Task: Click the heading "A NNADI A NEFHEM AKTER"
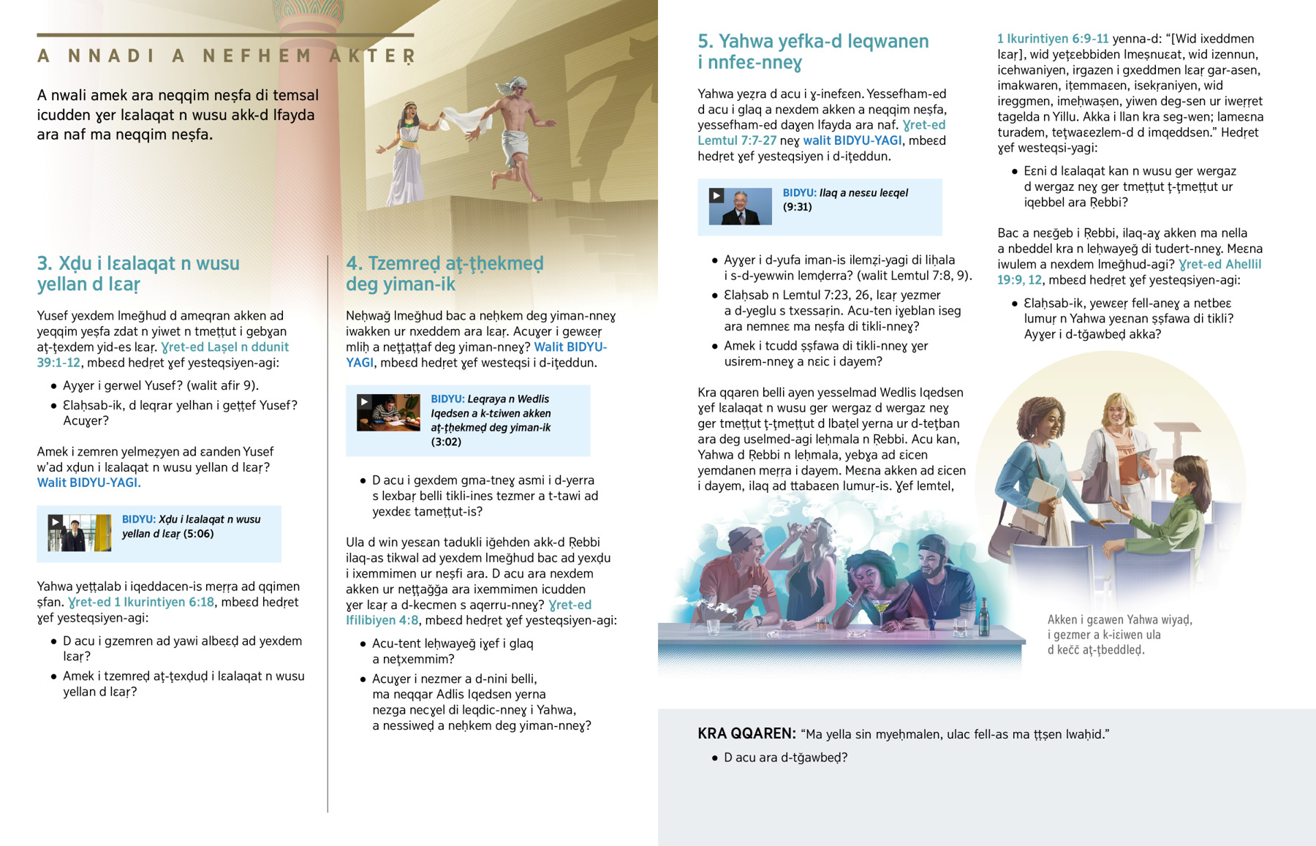point(227,56)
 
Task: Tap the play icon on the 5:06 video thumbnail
point(56,522)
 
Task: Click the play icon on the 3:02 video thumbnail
point(364,401)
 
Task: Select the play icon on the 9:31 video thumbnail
point(716,195)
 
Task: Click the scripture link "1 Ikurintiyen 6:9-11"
point(1053,39)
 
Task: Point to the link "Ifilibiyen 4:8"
point(382,621)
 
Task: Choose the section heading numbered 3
point(138,273)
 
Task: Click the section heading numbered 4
point(445,273)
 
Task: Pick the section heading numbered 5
point(813,51)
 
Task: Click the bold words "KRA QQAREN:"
point(746,733)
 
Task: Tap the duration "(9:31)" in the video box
point(797,207)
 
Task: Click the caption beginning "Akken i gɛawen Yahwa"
point(1119,634)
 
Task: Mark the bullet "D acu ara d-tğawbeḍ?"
point(785,758)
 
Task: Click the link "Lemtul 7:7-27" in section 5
point(736,140)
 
